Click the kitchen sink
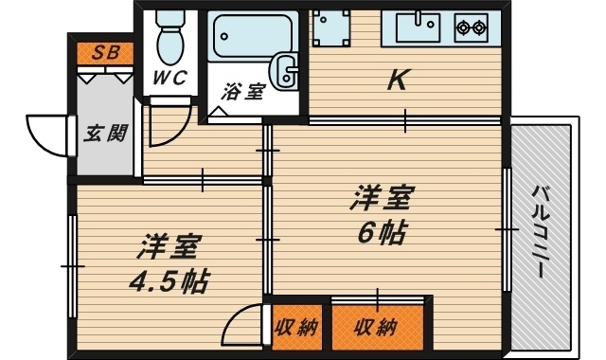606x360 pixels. coord(413,27)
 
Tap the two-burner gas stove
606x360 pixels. coord(471,27)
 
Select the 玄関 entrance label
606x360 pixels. coord(105,133)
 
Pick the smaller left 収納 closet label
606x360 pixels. coord(295,328)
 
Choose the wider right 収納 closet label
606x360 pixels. coord(375,328)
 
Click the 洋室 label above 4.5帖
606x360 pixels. coord(168,248)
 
